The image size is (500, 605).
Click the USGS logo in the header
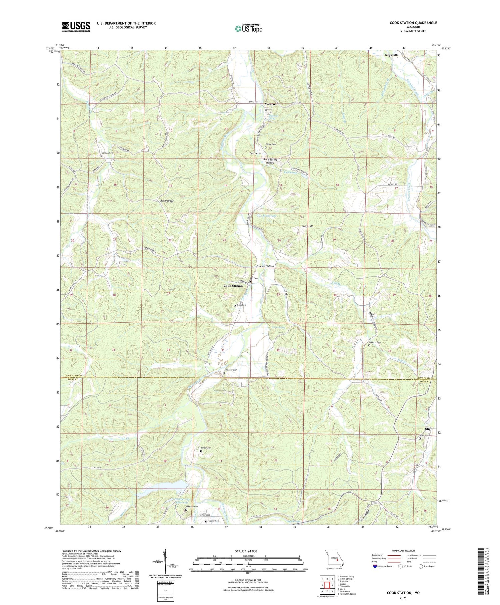click(x=76, y=27)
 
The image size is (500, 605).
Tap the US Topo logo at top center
click(x=248, y=29)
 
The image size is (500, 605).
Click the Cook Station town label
click(x=233, y=286)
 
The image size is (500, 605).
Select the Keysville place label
click(x=391, y=55)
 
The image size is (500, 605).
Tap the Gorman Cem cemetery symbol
click(x=101, y=156)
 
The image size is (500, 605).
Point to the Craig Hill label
click(x=307, y=226)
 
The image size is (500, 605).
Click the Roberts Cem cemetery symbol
click(x=369, y=345)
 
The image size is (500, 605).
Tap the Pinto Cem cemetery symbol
click(x=201, y=451)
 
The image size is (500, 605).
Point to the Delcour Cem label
click(x=231, y=370)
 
